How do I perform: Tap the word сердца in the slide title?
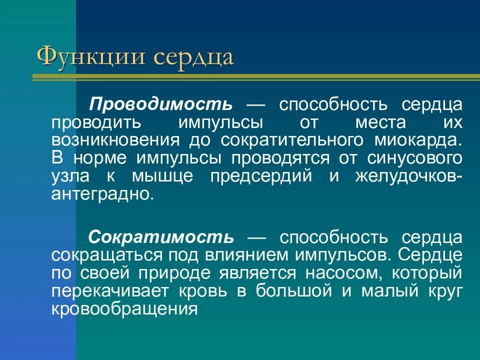[x=193, y=56]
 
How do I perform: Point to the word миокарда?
[x=426, y=140]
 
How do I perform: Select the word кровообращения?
[x=122, y=309]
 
